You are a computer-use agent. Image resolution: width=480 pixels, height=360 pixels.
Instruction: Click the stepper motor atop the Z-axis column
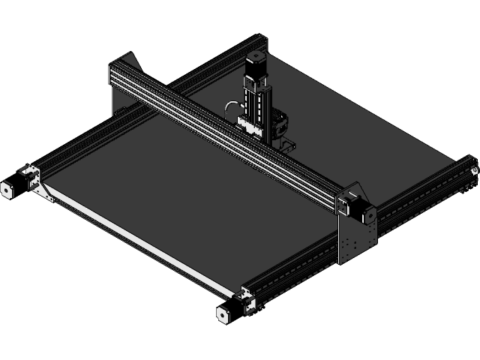tap(255, 67)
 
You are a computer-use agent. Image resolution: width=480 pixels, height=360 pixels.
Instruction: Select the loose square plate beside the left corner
tap(7, 189)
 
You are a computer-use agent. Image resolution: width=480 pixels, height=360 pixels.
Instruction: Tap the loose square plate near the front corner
tap(222, 315)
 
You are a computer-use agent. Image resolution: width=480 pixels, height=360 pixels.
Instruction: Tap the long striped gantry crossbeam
tap(225, 135)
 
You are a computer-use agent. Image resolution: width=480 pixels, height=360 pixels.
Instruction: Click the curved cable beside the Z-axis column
tap(229, 112)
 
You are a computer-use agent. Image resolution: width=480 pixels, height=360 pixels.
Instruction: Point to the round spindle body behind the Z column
tap(280, 121)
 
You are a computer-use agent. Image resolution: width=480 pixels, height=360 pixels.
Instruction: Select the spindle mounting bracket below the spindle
tap(286, 142)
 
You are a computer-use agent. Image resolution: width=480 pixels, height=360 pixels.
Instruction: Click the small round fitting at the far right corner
tap(472, 172)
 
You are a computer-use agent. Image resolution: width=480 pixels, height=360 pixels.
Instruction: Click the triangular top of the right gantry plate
tap(353, 188)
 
